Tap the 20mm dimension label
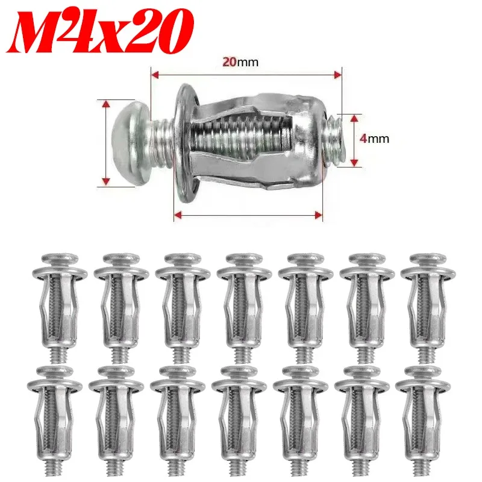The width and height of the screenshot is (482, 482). pos(240,62)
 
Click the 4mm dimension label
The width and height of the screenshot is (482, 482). pos(374,139)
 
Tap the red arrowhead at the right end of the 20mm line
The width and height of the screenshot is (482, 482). pos(338,75)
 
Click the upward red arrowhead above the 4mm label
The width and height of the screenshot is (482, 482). pos(354,118)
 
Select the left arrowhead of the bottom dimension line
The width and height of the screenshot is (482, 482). pos(178,215)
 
